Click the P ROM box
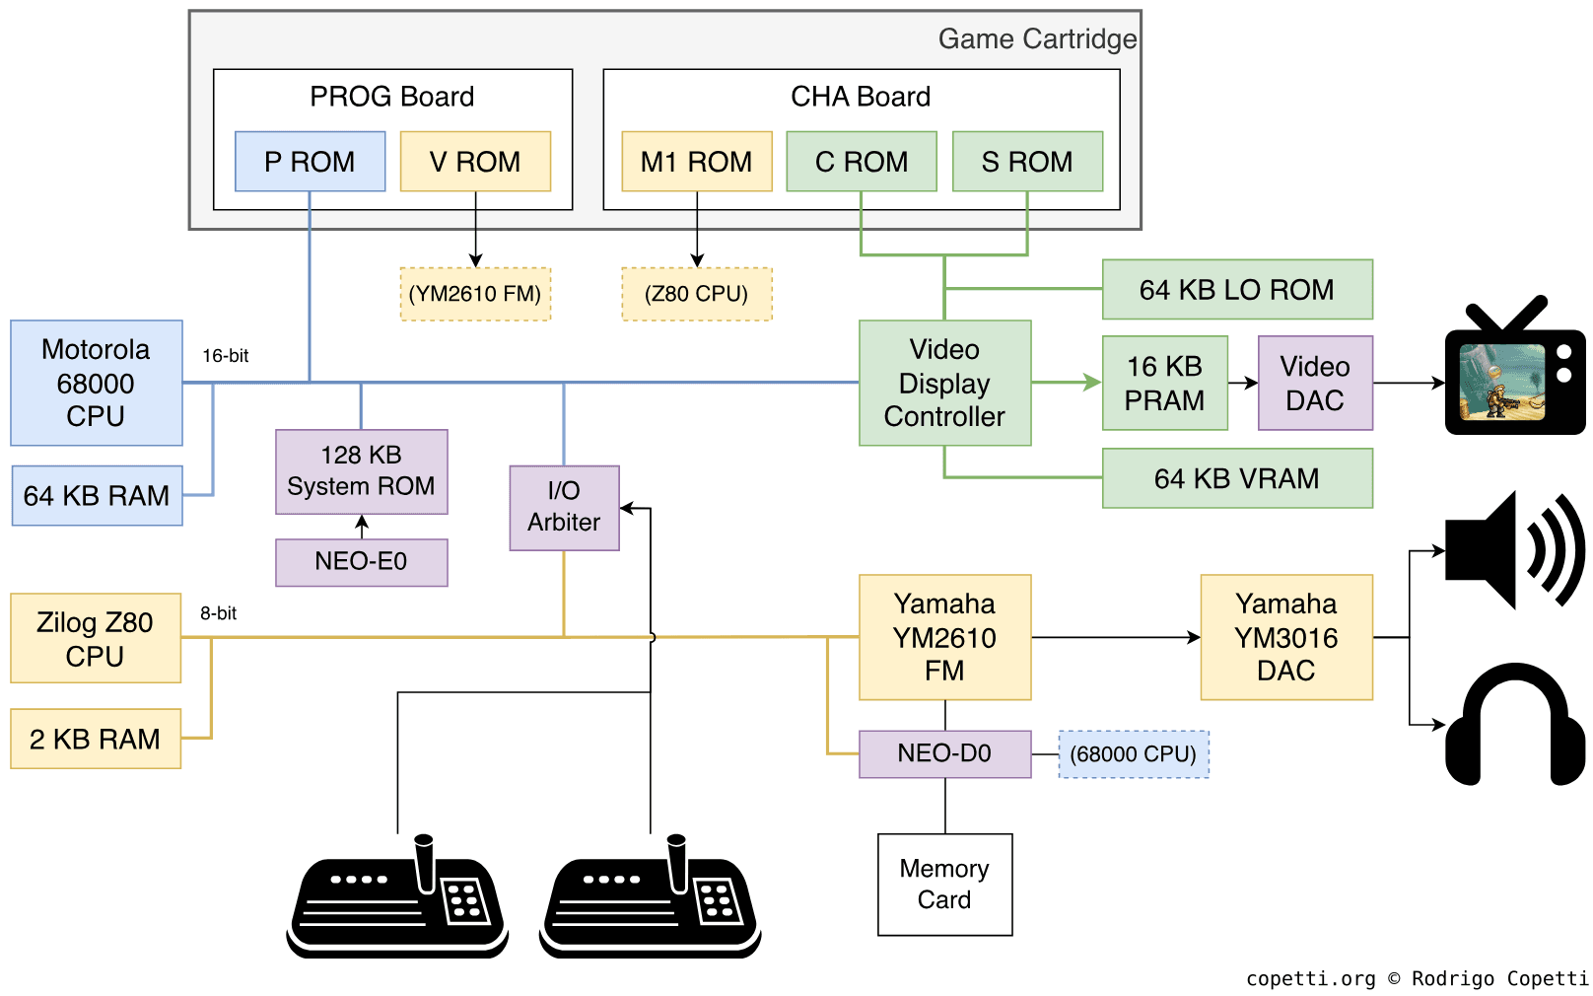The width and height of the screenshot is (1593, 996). tap(310, 162)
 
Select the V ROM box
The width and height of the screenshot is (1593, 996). tap(475, 162)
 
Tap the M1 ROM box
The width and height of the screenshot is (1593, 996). tap(696, 162)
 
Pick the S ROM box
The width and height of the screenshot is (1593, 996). tap(1027, 162)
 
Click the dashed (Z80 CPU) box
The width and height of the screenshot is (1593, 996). tap(696, 294)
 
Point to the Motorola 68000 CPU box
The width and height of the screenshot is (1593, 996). tap(96, 383)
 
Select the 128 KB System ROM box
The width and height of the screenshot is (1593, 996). tap(361, 471)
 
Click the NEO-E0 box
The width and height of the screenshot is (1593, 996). tap(361, 562)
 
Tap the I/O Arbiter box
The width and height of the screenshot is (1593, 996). tap(564, 507)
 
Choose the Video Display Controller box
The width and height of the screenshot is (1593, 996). tap(944, 383)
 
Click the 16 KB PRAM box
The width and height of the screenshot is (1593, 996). tap(1164, 383)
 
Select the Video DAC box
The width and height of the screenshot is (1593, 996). tap(1315, 383)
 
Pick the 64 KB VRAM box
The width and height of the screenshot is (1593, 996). tap(1236, 478)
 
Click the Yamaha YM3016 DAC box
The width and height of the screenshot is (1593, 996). tap(1285, 637)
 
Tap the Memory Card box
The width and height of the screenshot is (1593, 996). tap(944, 885)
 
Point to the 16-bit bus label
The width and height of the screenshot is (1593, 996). tap(225, 356)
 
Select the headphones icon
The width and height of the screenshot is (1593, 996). tap(1515, 725)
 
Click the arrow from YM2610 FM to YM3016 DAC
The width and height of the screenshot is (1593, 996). tap(1114, 637)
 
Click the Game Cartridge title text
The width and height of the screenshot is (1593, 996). tap(1036, 39)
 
